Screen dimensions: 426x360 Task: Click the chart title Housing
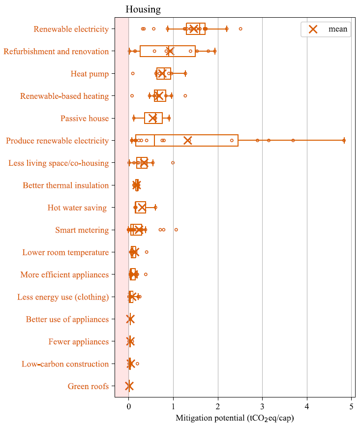tap(143, 9)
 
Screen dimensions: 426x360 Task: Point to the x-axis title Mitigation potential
tap(234, 418)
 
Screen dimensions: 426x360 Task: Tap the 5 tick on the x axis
tap(351, 406)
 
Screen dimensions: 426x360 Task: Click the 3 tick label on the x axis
tap(262, 406)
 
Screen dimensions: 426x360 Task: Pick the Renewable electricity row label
tap(71, 29)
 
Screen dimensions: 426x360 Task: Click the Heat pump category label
tap(90, 74)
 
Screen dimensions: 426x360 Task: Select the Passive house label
tap(85, 119)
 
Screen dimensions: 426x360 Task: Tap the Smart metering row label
tap(82, 230)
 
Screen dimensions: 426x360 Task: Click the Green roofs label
tap(88, 386)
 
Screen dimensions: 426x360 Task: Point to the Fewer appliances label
tap(78, 341)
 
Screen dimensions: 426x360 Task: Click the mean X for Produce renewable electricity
tap(187, 141)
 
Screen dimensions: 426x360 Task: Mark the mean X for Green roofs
tap(129, 386)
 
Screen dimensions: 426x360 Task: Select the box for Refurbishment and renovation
tap(167, 51)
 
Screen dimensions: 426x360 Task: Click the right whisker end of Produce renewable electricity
tap(344, 141)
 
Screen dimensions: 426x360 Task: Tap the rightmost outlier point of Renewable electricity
tap(240, 29)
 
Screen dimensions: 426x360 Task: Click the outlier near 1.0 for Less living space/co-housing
tap(173, 162)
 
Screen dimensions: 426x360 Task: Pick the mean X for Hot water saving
tap(141, 208)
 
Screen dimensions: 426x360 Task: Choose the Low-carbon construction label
tap(65, 364)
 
